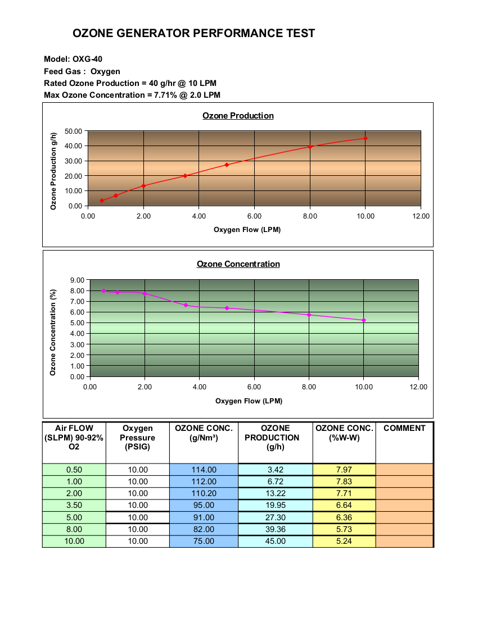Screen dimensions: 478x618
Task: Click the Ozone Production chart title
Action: click(x=238, y=116)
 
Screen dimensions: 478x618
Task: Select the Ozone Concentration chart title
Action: click(x=238, y=264)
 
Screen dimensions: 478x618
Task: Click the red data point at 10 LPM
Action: click(x=366, y=138)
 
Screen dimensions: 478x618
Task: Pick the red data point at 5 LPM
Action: click(x=227, y=165)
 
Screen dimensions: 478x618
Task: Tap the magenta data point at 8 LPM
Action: click(x=309, y=315)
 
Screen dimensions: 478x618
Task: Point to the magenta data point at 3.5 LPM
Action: click(x=186, y=305)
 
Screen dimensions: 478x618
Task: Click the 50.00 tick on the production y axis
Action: click(x=73, y=131)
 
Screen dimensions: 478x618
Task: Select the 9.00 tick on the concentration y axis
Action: click(x=77, y=280)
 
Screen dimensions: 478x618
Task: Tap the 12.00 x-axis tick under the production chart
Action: click(x=421, y=216)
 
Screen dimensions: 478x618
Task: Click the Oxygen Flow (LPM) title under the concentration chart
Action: click(x=249, y=401)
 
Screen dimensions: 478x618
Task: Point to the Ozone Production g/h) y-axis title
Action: click(x=53, y=171)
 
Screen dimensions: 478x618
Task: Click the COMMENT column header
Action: click(x=404, y=428)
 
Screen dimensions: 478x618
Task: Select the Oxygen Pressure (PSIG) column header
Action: click(x=138, y=438)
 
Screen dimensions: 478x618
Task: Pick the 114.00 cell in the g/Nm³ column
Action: click(x=204, y=470)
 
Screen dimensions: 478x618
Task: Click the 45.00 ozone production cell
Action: click(x=276, y=541)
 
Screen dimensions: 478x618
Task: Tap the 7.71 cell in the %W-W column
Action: click(x=344, y=493)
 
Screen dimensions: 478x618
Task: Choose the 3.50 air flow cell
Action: click(x=74, y=505)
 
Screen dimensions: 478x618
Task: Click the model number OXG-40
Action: click(x=87, y=59)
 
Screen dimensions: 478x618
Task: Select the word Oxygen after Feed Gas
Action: click(x=105, y=72)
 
